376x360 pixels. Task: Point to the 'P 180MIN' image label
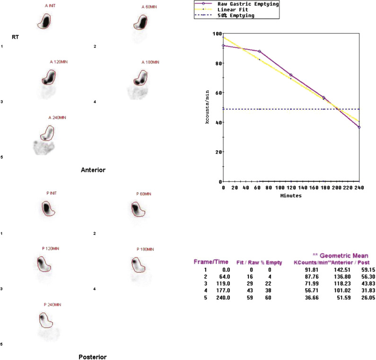146,249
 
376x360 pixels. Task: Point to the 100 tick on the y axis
217,34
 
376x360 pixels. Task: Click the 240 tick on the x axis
359,188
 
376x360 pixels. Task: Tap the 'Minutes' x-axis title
291,195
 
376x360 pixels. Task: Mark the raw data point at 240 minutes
359,127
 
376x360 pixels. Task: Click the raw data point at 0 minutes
223,46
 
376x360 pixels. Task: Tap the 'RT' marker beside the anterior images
16,35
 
